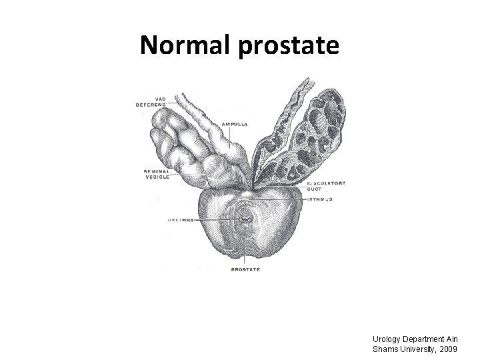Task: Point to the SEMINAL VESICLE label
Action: tap(157, 173)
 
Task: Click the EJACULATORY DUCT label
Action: tap(326, 185)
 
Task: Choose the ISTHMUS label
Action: tap(321, 199)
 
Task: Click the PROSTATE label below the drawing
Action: tap(245, 269)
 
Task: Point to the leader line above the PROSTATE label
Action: tap(245, 257)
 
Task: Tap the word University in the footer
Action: tap(415, 349)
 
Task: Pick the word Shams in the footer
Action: tap(385, 349)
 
